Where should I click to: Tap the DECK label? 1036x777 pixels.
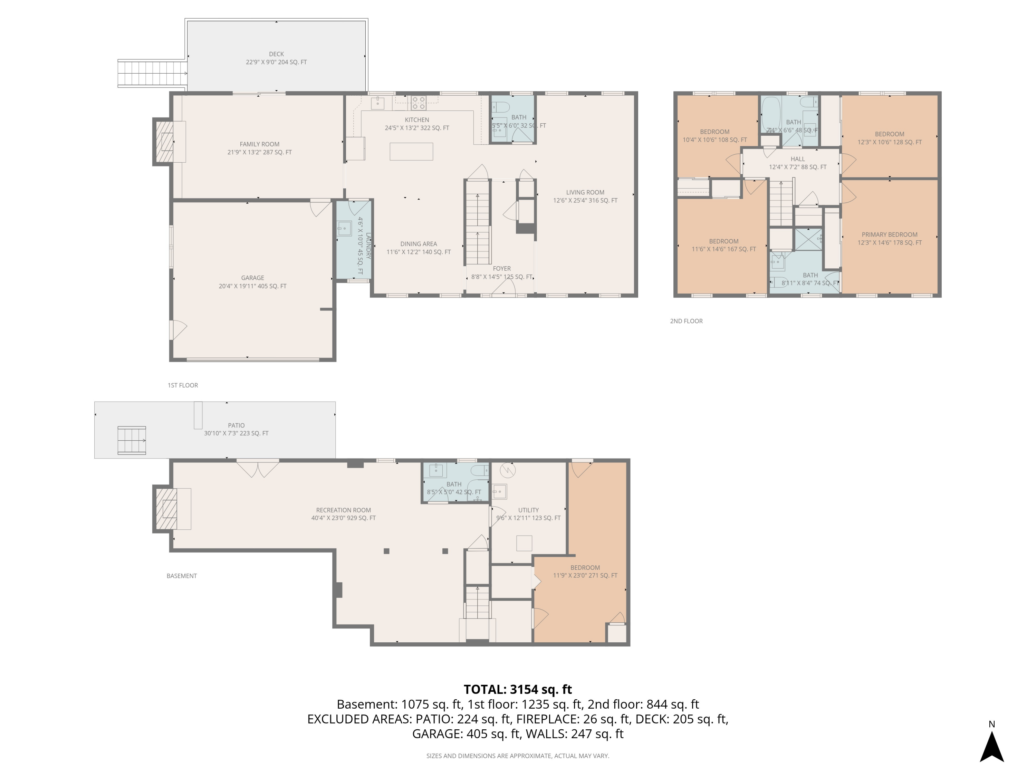click(x=276, y=54)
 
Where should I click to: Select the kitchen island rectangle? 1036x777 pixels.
click(x=411, y=152)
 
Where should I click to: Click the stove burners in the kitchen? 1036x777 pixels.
click(x=419, y=103)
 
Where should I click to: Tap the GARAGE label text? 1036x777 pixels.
click(x=252, y=278)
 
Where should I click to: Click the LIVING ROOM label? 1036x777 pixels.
click(x=585, y=192)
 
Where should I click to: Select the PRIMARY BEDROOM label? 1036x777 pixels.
click(x=889, y=234)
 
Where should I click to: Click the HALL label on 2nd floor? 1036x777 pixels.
click(x=798, y=159)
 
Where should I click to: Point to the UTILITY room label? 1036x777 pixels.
click(x=528, y=510)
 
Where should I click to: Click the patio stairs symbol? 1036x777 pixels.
click(x=132, y=440)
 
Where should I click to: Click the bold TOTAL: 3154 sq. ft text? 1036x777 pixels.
click(x=518, y=689)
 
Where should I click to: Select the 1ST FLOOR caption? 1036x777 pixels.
click(x=183, y=385)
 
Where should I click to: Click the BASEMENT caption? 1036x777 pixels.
click(x=182, y=576)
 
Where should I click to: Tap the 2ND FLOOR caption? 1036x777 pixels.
click(x=686, y=321)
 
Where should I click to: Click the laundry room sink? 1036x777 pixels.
click(x=344, y=229)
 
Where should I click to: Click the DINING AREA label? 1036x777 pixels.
click(x=418, y=243)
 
